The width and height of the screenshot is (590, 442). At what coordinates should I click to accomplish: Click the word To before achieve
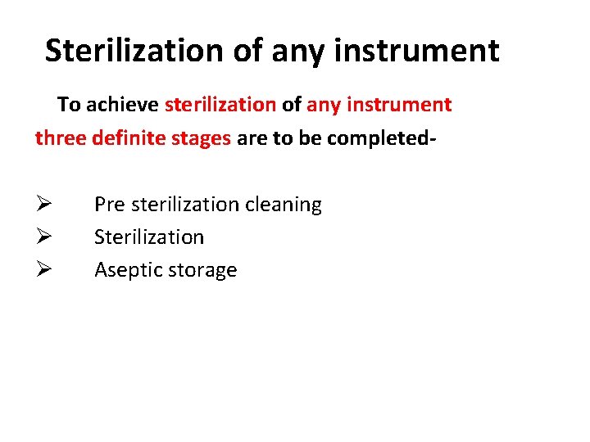pos(69,105)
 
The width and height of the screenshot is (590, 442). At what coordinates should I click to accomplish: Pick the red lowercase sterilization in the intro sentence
pos(220,105)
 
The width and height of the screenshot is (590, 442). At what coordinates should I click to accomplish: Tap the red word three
pos(60,138)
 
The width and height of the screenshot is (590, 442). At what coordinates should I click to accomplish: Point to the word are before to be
pos(252,138)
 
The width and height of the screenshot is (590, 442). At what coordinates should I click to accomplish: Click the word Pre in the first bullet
pos(108,205)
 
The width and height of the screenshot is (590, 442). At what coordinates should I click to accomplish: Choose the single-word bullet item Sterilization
pos(149,237)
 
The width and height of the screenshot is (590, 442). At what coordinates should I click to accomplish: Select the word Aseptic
pos(125,271)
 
